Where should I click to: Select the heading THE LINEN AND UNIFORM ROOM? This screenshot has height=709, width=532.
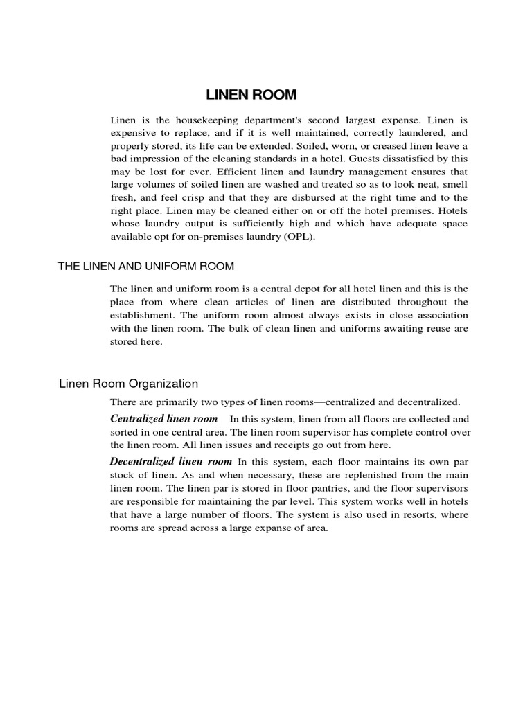click(x=146, y=267)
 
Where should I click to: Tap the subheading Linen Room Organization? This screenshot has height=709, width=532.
click(x=129, y=383)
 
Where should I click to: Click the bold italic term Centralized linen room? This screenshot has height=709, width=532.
click(x=164, y=419)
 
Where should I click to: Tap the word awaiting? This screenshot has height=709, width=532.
click(x=392, y=327)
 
